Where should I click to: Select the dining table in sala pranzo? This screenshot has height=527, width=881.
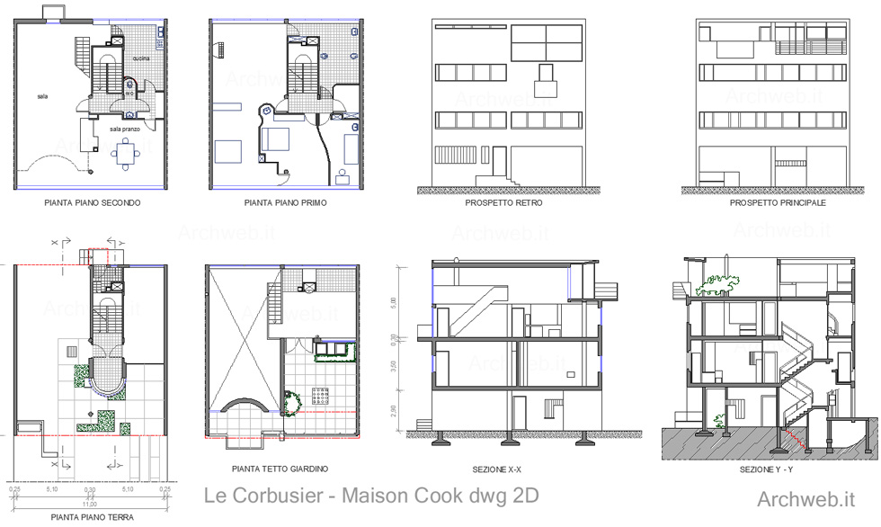click(125, 154)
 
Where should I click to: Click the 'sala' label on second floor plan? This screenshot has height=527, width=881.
click(42, 95)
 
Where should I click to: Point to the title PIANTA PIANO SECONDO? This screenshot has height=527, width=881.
click(92, 203)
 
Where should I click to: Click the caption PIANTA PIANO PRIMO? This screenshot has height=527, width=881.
click(285, 203)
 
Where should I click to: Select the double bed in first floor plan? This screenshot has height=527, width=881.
click(274, 140)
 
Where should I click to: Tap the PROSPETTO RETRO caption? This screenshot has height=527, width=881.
click(503, 203)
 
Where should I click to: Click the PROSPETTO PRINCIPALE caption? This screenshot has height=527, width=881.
click(778, 203)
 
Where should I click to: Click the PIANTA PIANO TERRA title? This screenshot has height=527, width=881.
click(91, 517)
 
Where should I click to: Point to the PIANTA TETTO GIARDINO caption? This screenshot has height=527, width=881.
click(280, 469)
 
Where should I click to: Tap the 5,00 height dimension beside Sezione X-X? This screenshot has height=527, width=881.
click(394, 303)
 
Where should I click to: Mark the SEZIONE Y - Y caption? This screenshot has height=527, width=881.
click(766, 469)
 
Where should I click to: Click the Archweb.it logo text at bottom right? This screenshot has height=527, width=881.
click(805, 499)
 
